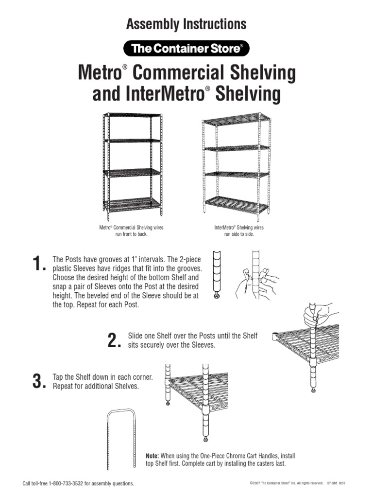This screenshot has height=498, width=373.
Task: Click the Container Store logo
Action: pos(186,49)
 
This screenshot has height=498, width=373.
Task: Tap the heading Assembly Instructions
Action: pos(186,24)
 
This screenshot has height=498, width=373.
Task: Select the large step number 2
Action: pos(112,341)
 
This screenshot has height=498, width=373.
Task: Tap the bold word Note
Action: pos(153,456)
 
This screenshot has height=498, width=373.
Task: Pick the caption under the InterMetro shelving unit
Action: pos(239,231)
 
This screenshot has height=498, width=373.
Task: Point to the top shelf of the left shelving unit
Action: pos(132,115)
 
